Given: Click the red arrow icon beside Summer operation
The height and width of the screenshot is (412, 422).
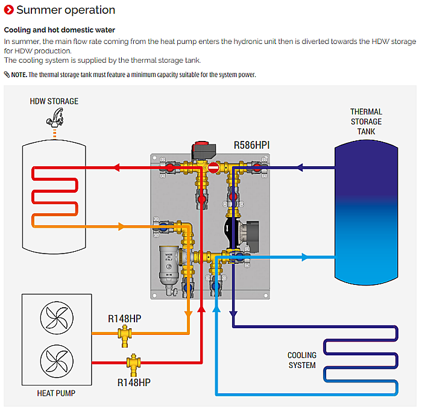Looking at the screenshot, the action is click(x=8, y=10).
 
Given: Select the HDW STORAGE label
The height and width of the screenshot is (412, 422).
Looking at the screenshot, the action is click(x=54, y=101).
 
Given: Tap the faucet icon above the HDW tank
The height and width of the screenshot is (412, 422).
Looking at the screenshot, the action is click(x=55, y=117).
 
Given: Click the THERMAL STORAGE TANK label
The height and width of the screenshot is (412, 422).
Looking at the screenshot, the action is click(x=366, y=122).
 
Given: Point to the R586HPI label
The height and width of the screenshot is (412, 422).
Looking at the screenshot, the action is click(x=251, y=145).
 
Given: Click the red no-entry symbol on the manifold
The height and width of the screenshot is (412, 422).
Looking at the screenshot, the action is click(x=213, y=168).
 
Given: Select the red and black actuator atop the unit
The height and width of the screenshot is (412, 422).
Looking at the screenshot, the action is click(x=204, y=151).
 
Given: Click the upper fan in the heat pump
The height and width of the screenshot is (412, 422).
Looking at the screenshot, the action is click(x=57, y=318).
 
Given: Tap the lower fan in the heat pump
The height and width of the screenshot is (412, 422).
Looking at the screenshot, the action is click(x=57, y=361).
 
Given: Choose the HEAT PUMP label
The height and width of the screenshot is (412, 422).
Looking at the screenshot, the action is click(x=56, y=393).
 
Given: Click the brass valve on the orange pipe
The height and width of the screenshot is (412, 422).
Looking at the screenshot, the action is click(x=125, y=336).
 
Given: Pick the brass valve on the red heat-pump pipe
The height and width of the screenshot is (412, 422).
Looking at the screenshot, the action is click(x=133, y=364).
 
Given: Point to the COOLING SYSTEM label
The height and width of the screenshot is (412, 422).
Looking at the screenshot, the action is click(x=302, y=360).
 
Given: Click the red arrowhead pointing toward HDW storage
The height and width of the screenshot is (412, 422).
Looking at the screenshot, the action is click(x=117, y=167).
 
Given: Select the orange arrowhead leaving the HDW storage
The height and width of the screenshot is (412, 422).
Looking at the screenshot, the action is click(x=121, y=226).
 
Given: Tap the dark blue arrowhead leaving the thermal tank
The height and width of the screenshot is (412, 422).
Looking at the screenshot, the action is click(x=300, y=167).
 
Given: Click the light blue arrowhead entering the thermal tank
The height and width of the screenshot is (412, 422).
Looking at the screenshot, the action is click(x=304, y=257).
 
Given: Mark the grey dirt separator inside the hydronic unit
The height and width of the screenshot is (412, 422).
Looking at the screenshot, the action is click(x=169, y=266).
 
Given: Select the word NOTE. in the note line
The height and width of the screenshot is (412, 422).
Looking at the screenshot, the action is click(x=19, y=75).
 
